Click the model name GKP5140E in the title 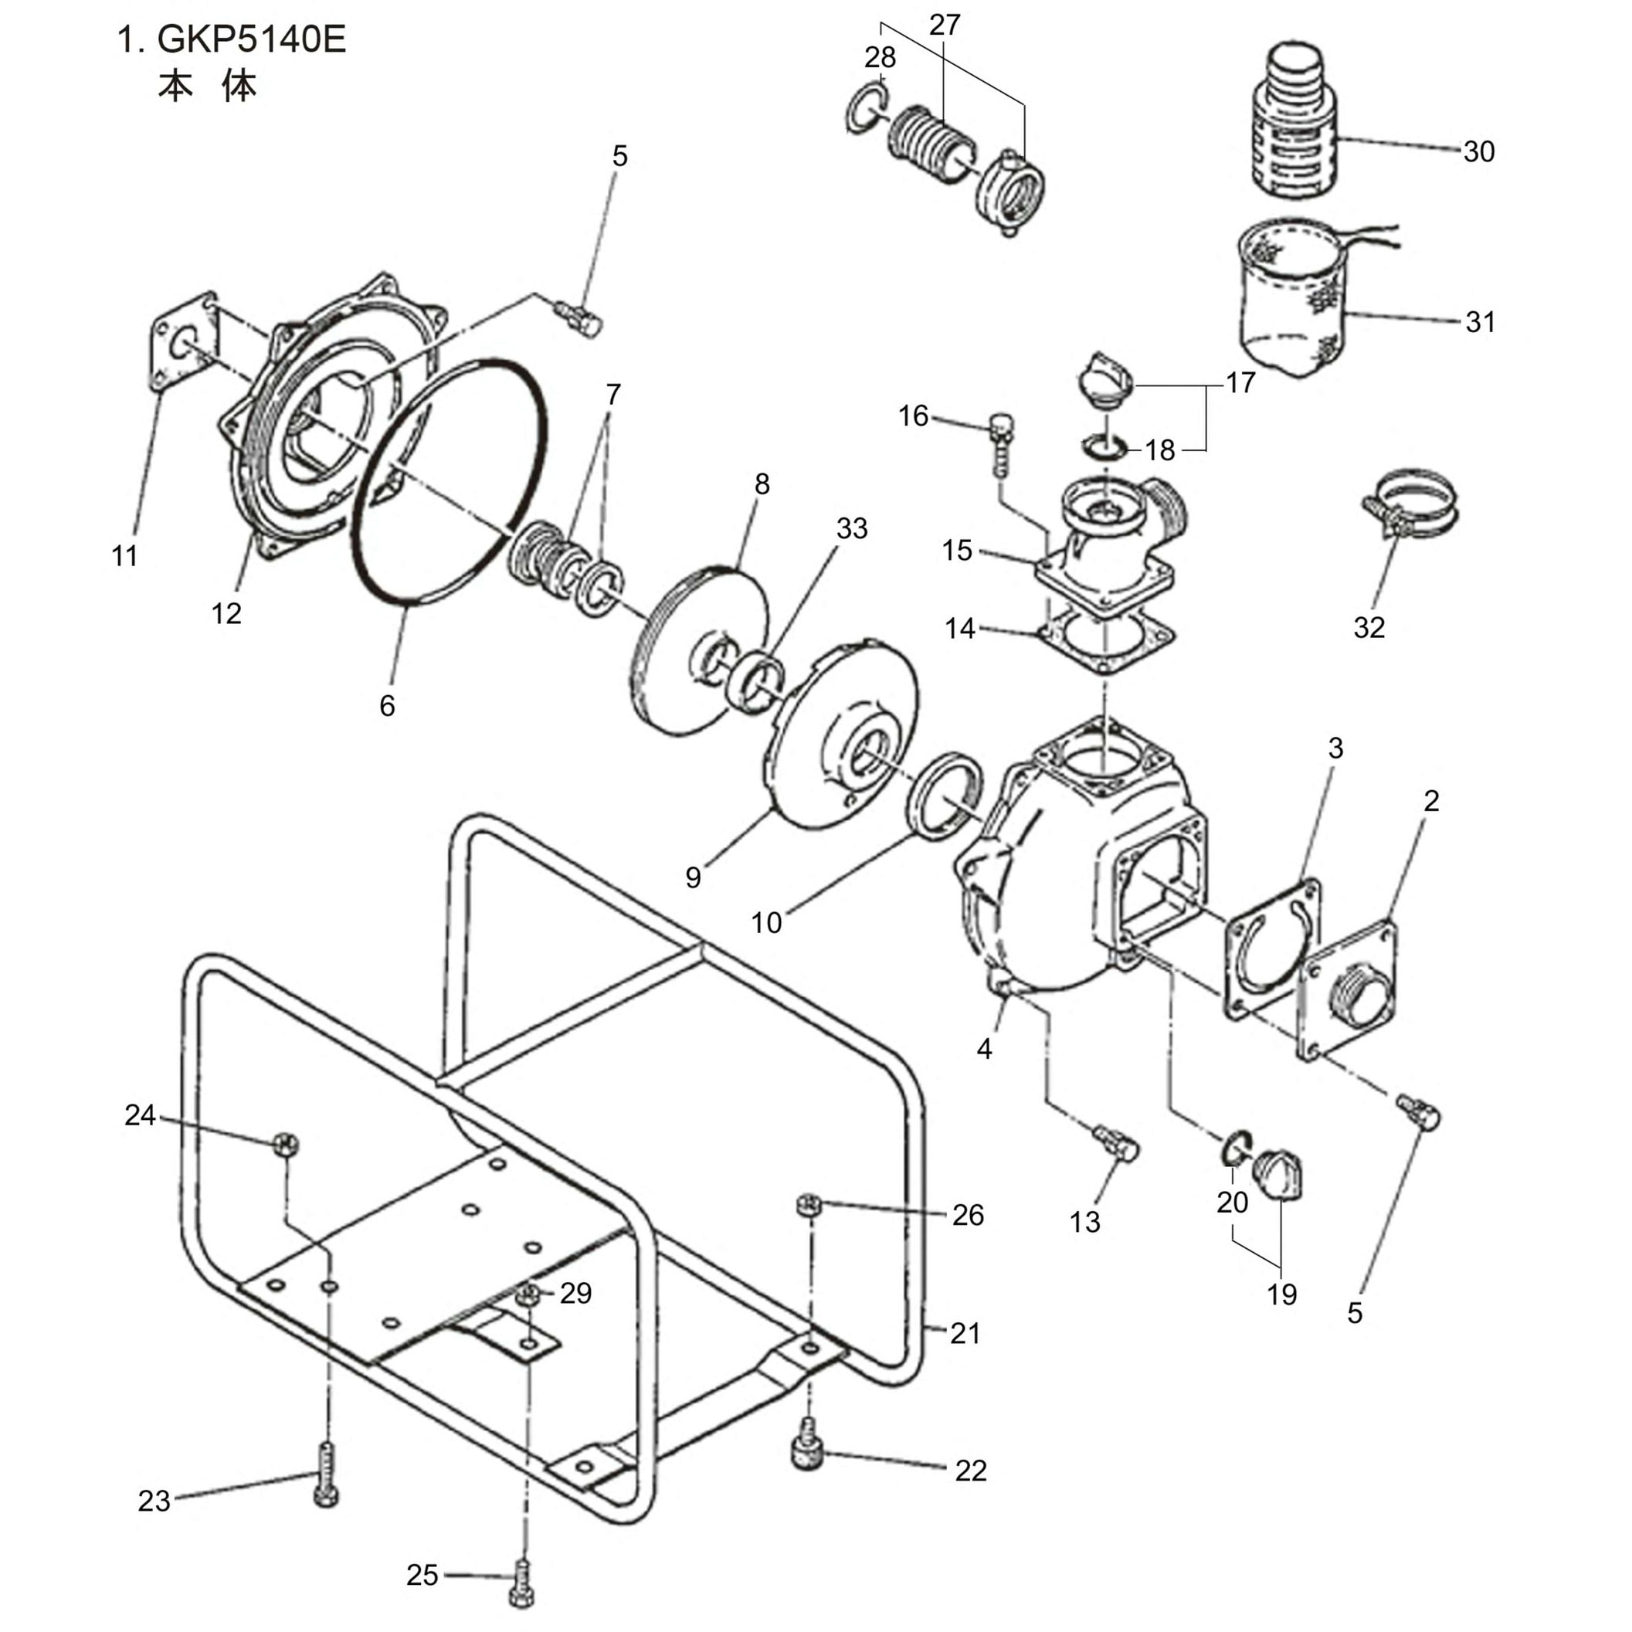tap(252, 39)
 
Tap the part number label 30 tap(1478, 152)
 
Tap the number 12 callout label tap(226, 613)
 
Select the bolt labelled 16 tap(1000, 443)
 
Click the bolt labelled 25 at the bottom tap(521, 1586)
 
